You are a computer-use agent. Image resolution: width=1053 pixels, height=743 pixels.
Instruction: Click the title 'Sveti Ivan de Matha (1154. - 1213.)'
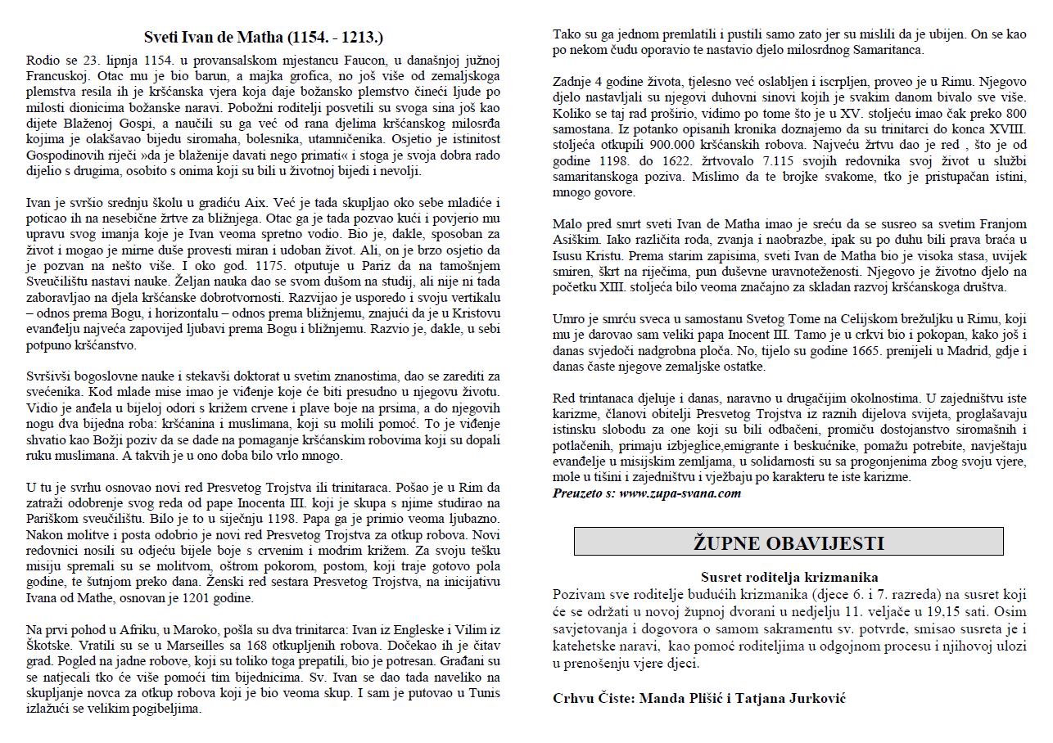point(264,38)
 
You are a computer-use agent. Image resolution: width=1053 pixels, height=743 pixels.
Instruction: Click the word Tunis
point(482,694)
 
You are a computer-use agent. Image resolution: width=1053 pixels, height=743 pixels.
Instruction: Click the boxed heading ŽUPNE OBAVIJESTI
point(789,543)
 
